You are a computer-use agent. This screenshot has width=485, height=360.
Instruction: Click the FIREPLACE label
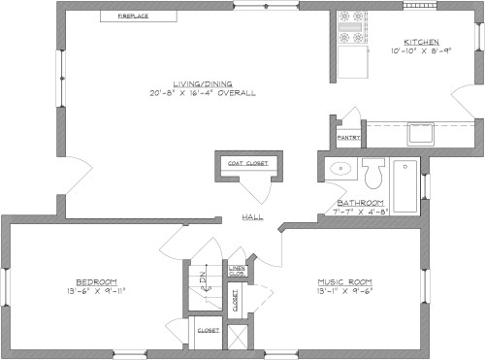133,16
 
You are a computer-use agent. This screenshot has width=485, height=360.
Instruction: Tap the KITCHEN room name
422,43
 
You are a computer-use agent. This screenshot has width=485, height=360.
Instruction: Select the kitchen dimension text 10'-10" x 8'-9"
422,52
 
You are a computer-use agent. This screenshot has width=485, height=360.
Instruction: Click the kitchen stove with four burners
352,30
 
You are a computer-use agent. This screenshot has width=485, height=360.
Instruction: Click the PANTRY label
349,138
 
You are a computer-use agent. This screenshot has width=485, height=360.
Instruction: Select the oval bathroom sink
340,170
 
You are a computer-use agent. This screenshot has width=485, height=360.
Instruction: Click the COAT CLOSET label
247,163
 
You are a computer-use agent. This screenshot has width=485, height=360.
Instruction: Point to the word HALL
252,218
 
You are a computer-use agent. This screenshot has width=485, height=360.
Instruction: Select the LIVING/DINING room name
202,83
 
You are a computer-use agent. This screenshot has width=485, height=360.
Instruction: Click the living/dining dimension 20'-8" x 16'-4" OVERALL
202,94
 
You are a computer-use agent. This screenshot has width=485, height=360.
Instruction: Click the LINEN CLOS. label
236,272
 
